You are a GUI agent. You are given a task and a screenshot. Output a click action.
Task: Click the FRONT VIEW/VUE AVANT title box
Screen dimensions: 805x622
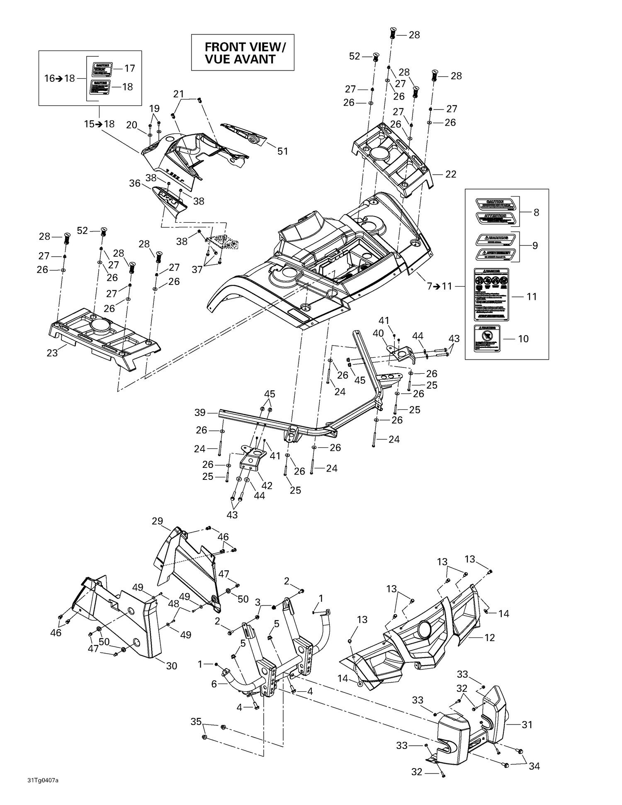243,53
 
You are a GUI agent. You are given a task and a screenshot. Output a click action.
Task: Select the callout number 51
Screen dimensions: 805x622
282,151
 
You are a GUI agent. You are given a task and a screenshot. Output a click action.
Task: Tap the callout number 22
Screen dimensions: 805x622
450,174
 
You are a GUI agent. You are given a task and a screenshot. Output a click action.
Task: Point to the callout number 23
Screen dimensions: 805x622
52,353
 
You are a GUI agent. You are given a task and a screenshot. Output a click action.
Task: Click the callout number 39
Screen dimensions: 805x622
200,413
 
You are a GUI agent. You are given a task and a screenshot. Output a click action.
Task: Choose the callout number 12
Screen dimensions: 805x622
490,637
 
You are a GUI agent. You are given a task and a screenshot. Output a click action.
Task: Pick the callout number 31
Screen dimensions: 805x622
527,725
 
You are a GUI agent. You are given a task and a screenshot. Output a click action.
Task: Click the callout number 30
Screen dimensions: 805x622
171,666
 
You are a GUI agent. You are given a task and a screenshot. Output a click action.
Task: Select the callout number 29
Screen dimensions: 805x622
157,521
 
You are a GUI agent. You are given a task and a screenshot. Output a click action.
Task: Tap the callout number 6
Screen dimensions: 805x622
214,684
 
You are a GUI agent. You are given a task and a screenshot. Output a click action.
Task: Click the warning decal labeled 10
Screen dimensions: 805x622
487,338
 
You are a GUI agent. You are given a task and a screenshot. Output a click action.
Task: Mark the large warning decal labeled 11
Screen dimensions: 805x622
491,294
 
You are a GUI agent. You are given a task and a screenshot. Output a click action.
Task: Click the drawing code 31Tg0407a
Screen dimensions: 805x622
43,781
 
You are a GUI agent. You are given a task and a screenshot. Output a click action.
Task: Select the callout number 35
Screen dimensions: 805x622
196,722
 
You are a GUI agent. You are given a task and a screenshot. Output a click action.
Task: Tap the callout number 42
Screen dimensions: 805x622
267,485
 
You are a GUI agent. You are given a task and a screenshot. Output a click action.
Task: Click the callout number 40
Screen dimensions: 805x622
378,333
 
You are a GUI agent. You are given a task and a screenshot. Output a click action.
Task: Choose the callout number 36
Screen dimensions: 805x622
135,183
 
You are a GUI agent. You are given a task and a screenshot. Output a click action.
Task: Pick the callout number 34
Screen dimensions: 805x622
534,766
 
